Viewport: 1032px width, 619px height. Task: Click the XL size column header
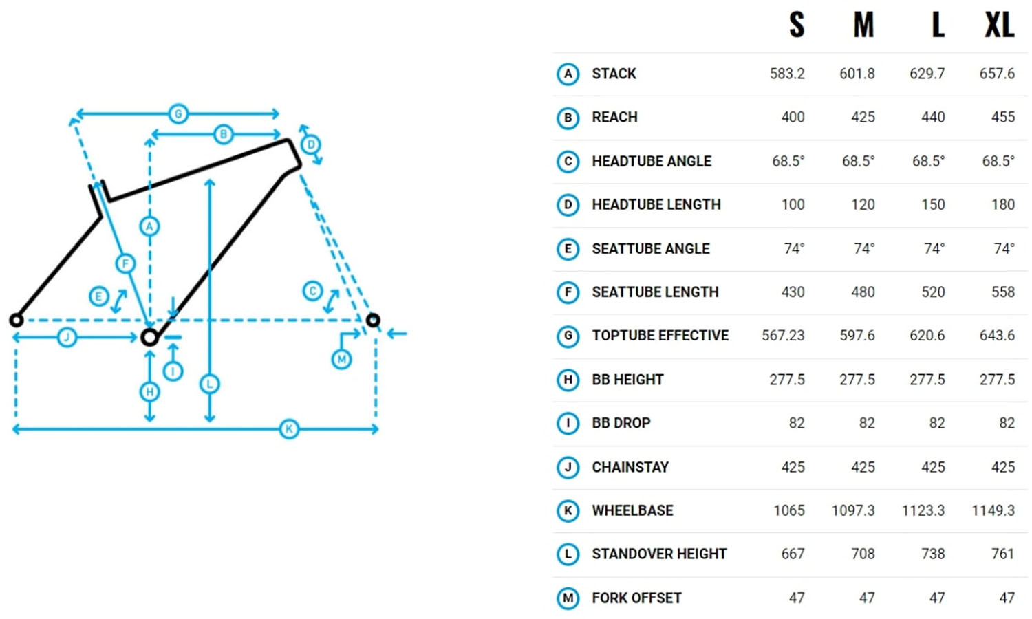point(999,26)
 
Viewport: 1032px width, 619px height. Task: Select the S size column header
point(797,26)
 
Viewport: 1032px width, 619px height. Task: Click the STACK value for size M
point(857,74)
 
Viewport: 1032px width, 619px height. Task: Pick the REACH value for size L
point(932,117)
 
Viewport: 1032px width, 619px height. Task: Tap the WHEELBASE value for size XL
point(993,510)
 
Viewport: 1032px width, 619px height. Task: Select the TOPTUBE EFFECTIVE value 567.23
point(783,336)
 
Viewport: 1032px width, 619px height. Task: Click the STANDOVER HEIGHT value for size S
point(793,554)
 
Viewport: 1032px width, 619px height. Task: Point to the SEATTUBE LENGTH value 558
point(1002,292)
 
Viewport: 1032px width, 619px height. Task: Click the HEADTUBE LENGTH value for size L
point(932,204)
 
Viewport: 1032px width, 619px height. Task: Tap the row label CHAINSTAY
point(630,467)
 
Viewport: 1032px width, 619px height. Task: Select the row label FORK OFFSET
point(636,598)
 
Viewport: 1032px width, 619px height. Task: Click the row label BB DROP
point(621,423)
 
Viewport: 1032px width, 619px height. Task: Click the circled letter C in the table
point(568,161)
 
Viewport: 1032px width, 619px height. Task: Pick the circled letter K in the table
point(568,510)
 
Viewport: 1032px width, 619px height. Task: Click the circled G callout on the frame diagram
point(178,113)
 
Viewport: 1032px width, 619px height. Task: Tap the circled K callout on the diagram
point(289,429)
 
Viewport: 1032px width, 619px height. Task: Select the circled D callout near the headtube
point(311,144)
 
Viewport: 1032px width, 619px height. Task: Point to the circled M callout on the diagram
point(341,359)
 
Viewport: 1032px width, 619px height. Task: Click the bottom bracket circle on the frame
point(149,337)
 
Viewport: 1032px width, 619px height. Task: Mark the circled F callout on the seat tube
point(125,263)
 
